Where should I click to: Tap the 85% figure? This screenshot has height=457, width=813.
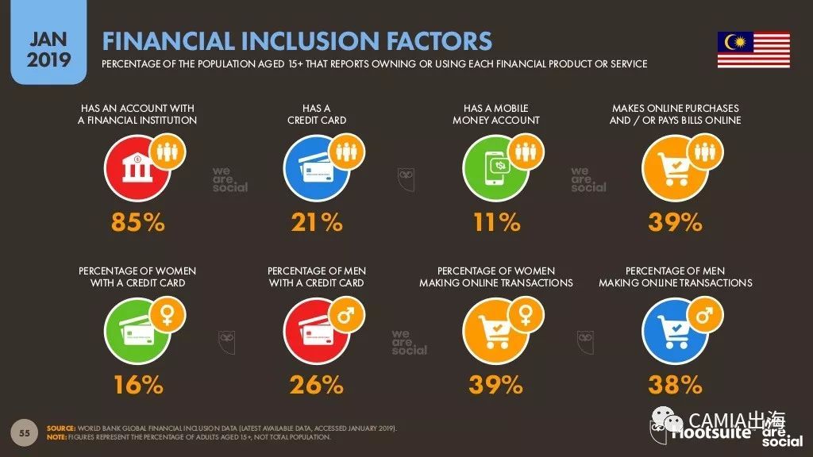click(138, 223)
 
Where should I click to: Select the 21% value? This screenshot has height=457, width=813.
click(316, 223)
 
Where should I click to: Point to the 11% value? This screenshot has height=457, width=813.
click(496, 223)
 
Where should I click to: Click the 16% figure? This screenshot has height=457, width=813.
click(138, 386)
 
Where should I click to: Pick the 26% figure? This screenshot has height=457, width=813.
click(316, 386)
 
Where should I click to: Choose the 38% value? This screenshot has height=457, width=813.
click(675, 386)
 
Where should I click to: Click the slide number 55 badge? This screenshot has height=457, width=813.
click(25, 432)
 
